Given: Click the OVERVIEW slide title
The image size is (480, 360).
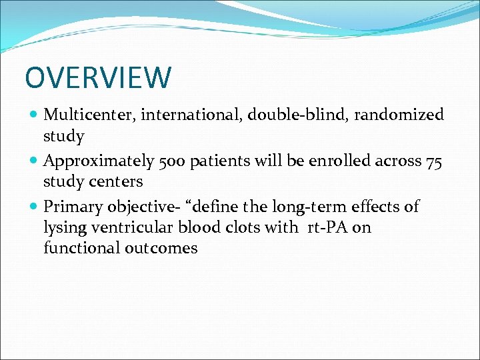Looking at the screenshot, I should pos(98,77).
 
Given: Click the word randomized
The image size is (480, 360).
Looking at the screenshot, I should pos(398,115).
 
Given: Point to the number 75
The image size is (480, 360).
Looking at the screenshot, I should pos(434,161).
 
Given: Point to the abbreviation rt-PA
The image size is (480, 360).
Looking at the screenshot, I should pos(326,228).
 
